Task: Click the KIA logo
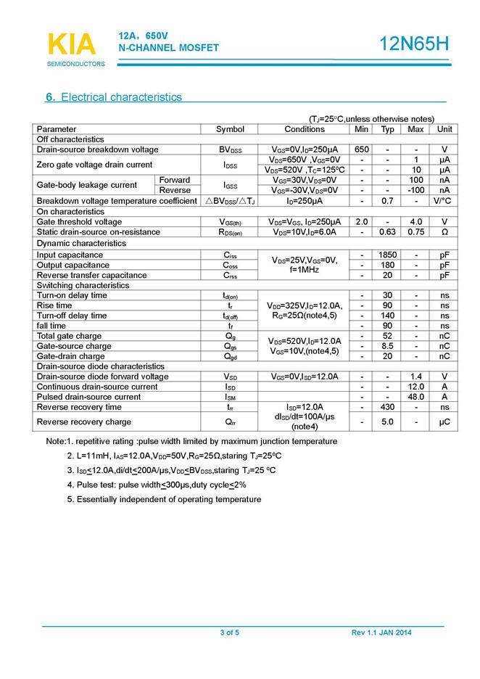click(x=71, y=45)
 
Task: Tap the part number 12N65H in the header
click(x=415, y=44)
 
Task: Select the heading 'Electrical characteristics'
click(x=121, y=97)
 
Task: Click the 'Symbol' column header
click(x=231, y=129)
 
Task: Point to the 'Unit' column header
click(x=444, y=129)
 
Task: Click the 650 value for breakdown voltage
click(x=362, y=149)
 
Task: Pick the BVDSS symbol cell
click(x=231, y=149)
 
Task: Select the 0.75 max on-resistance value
click(x=415, y=232)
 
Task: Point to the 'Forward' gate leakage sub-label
click(x=175, y=180)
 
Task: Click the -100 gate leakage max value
click(x=415, y=190)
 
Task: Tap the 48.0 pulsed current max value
click(x=415, y=397)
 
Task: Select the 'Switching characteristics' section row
click(x=81, y=286)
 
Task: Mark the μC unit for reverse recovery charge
click(x=444, y=421)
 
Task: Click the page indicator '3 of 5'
click(x=229, y=633)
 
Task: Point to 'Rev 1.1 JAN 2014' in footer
click(x=381, y=633)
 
